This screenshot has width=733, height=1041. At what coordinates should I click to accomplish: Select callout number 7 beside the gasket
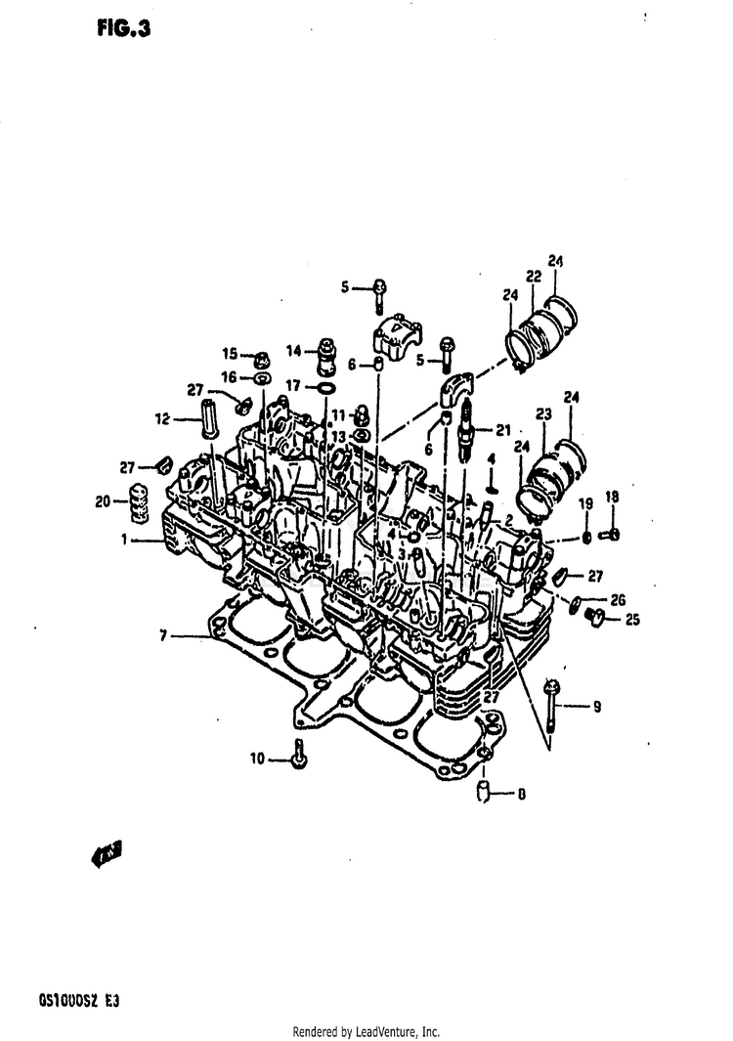point(165,635)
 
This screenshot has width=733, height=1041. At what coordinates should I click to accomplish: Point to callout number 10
point(258,758)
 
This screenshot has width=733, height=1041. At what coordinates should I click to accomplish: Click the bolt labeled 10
point(298,756)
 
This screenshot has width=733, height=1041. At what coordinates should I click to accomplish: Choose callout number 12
point(163,419)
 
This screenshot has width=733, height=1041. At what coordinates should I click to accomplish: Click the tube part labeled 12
point(207,418)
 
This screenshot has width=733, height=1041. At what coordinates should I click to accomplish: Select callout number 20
point(103,501)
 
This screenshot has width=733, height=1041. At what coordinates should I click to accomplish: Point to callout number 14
point(293,351)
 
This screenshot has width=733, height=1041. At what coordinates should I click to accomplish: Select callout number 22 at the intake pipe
point(534,278)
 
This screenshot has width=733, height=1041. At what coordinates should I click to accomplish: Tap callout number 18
point(613,498)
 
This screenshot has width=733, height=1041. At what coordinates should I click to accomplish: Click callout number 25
point(631,619)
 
